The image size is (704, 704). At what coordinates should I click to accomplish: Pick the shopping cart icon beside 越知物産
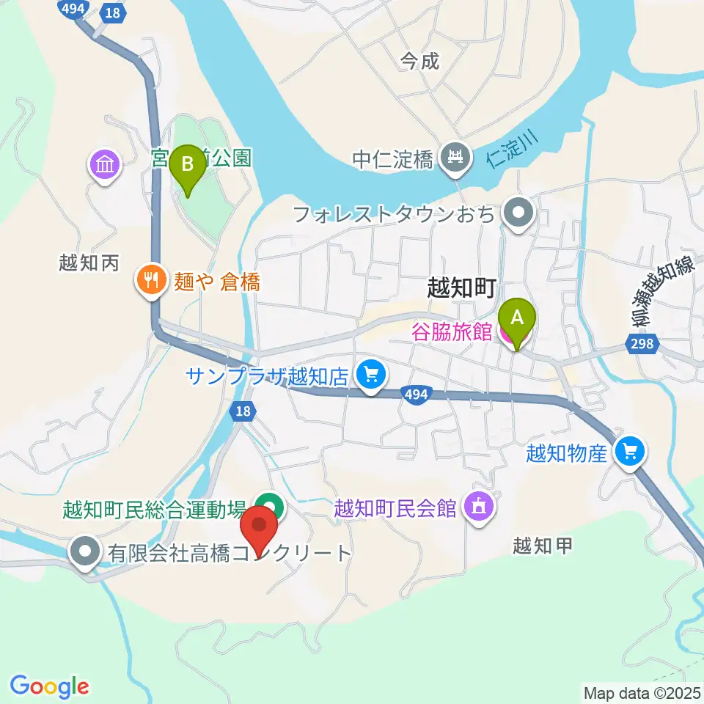[631, 452]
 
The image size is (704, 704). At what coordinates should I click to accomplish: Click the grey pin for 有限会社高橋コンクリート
[86, 551]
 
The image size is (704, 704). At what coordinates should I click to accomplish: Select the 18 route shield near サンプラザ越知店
[243, 412]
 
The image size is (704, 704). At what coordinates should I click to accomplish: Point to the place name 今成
[419, 61]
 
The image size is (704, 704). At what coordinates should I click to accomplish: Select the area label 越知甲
[541, 546]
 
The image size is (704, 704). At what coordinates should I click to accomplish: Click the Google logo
[49, 686]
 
